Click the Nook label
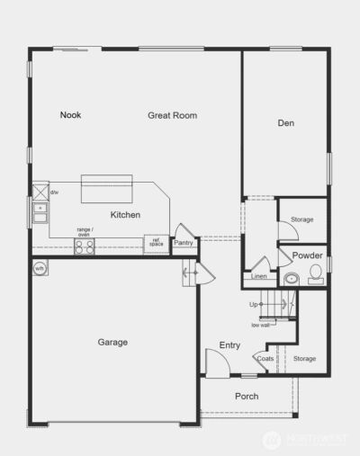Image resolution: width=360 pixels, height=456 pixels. [x=71, y=115]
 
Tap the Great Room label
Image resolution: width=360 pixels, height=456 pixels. [x=172, y=115]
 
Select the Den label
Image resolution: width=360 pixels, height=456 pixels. [x=286, y=123]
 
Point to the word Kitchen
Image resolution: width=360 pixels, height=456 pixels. [x=125, y=215]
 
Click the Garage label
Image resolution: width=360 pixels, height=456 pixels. [x=112, y=342]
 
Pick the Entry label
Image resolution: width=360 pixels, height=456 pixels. [x=229, y=345]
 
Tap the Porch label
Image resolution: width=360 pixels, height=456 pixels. [x=247, y=396]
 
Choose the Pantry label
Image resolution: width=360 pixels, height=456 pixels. [x=184, y=243]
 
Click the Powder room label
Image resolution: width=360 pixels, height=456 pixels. [x=308, y=256]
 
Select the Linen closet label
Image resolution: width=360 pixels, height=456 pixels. [x=259, y=276]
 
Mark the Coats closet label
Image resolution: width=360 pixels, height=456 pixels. [x=265, y=359]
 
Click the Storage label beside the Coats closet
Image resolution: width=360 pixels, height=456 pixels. [x=304, y=359]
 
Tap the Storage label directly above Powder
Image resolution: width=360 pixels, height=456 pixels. [x=301, y=219]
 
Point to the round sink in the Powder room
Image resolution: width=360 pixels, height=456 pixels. [x=291, y=279]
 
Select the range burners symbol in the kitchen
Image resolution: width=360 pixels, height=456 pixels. [x=84, y=246]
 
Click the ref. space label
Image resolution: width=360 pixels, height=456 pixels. [x=156, y=242]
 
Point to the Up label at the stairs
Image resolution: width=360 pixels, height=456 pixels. [x=255, y=305]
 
